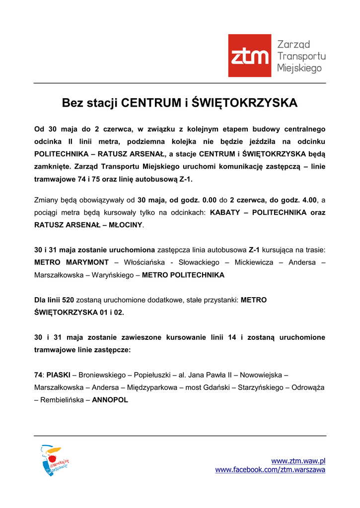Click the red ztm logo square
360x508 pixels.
[249, 56]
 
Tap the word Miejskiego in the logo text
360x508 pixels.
[299, 68]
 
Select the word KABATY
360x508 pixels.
[227, 212]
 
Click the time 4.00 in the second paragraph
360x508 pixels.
[308, 200]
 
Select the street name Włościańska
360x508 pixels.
[143, 262]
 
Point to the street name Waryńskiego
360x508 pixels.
[112, 275]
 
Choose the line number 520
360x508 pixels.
[68, 300]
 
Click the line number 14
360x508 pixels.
[232, 337]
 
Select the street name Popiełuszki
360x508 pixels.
[151, 375]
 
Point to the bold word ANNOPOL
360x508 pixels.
[110, 399]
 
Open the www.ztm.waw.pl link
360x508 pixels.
[298, 461]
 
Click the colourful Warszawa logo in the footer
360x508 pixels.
[54, 460]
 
